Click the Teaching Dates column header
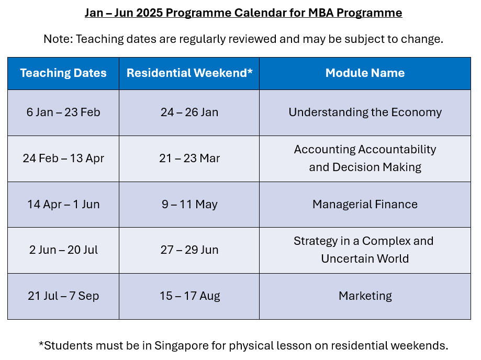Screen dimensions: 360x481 (x=63, y=73)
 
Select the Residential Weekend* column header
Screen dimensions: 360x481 (x=189, y=73)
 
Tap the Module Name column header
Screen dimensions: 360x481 (x=365, y=73)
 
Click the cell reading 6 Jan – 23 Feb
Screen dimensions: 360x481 (x=63, y=113)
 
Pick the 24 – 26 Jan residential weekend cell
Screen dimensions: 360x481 (x=189, y=113)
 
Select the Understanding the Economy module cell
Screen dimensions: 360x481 (x=365, y=113)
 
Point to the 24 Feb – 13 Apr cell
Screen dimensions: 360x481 (x=63, y=159)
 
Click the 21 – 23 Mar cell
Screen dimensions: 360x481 (x=189, y=159)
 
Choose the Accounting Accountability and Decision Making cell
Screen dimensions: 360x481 (x=365, y=159)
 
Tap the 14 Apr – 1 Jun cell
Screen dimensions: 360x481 (x=63, y=205)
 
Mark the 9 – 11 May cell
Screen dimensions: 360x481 (x=189, y=205)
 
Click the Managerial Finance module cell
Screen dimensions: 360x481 (x=365, y=205)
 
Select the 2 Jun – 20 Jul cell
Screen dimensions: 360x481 (x=63, y=250)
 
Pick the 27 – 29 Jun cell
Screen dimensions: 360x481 (x=189, y=250)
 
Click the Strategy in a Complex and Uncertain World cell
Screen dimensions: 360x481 (x=365, y=250)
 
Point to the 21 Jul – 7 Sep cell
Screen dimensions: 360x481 (x=63, y=296)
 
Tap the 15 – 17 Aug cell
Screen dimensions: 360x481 (x=189, y=296)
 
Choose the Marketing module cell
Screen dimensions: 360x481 (x=365, y=296)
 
